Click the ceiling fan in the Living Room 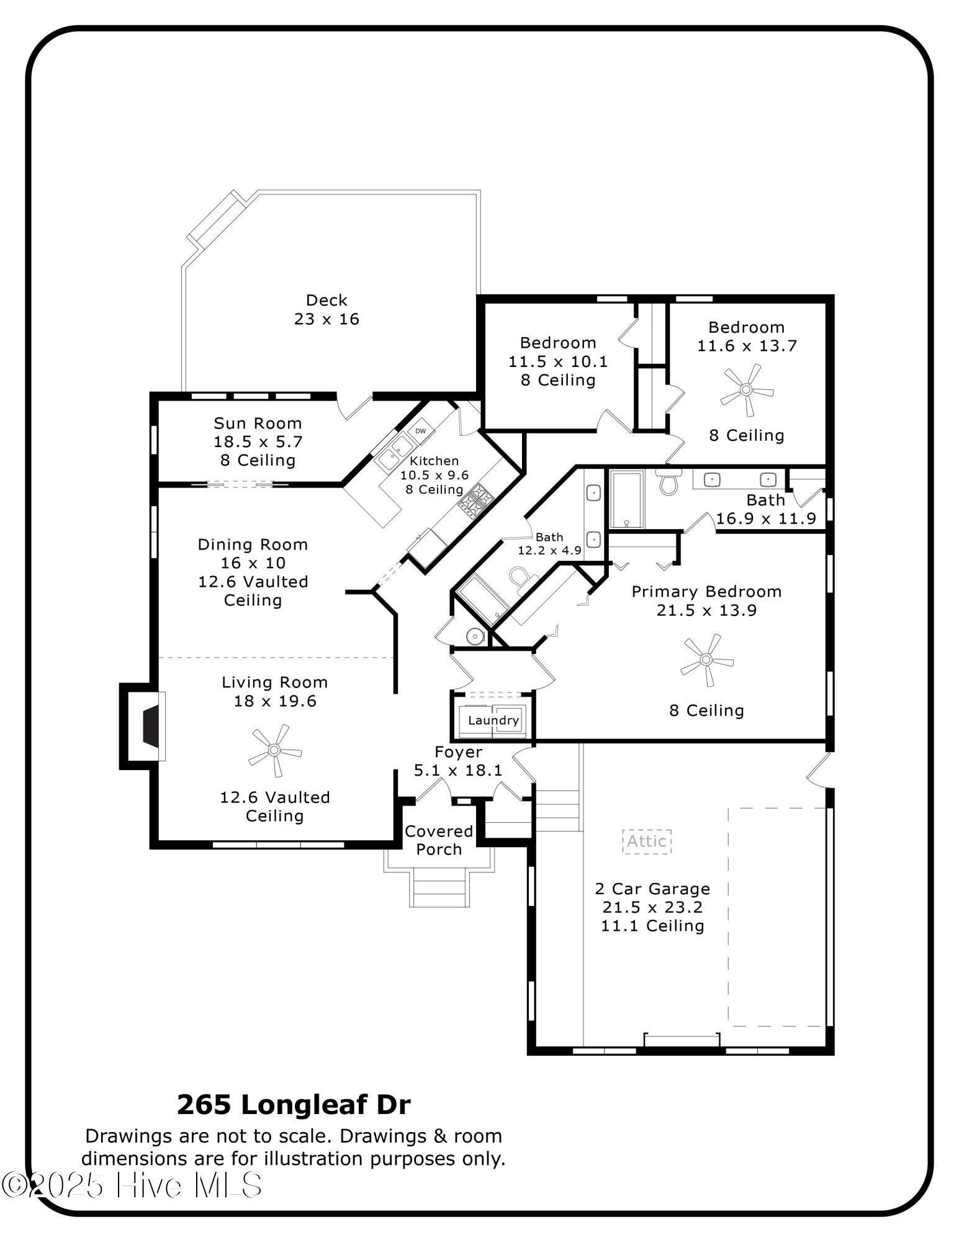275,750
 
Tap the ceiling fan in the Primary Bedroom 706,660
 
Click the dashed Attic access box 647,841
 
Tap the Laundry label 493,720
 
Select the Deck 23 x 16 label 326,309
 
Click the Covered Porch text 439,840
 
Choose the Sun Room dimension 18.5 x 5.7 258,442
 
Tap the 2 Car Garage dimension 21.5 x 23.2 652,907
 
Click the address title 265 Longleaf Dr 294,1105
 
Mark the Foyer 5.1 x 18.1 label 458,761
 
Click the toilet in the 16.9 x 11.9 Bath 668,481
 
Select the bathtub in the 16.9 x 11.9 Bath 628,499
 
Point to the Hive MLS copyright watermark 132,1185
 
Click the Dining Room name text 253,545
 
